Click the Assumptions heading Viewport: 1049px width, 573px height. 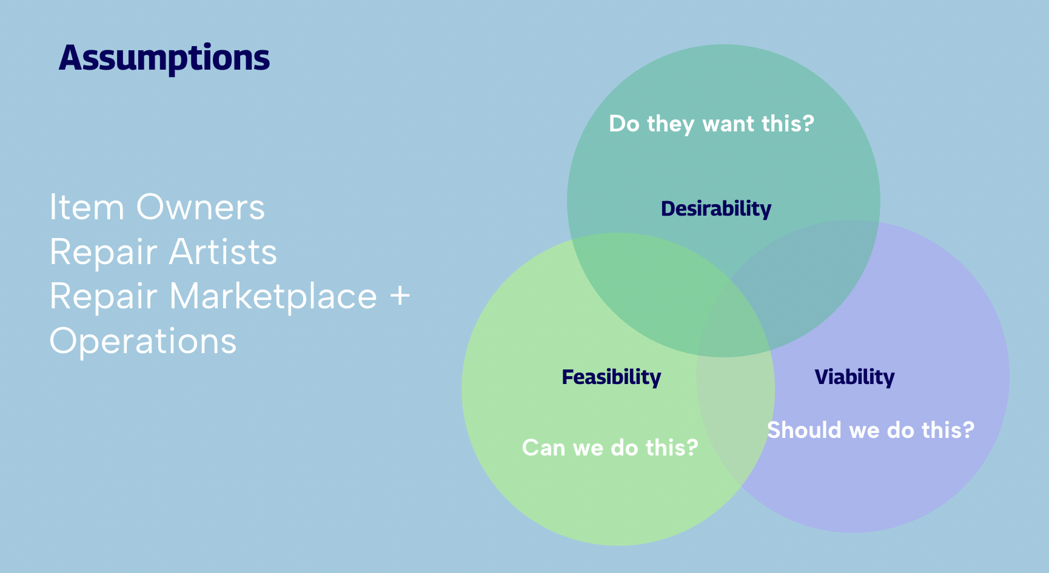164,59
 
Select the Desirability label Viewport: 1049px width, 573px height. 716,209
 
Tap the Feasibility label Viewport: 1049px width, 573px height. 611,377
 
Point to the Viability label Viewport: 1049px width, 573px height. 854,377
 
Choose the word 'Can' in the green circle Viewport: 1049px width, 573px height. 543,448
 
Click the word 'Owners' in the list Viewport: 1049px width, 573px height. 200,208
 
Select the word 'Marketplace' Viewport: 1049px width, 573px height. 273,297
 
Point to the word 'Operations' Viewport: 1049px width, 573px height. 143,342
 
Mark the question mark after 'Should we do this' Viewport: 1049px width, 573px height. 968,430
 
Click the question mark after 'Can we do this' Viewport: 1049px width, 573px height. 692,448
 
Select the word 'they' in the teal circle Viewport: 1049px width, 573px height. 670,125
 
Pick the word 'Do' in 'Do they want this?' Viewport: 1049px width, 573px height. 624,124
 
